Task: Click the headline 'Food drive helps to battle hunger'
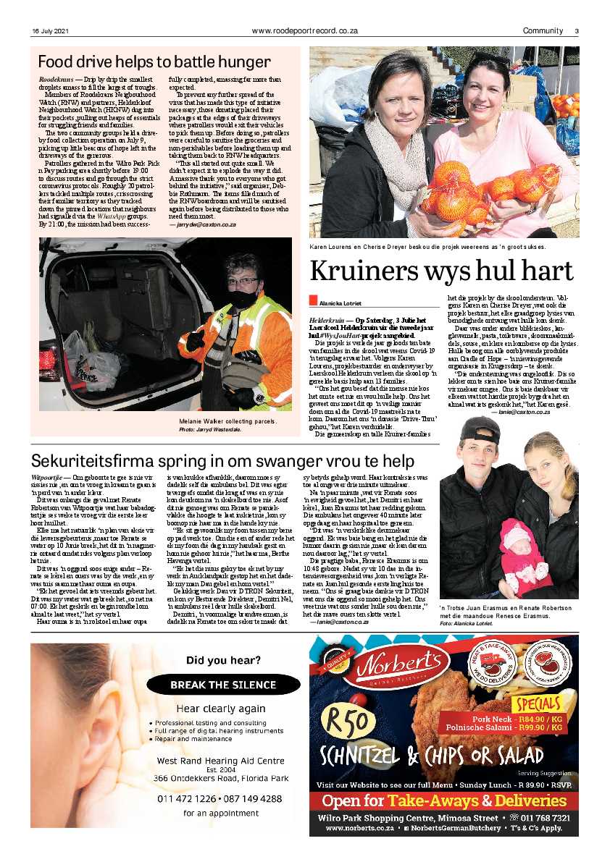pyautogui.click(x=154, y=62)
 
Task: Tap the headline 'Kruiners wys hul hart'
pyautogui.click(x=441, y=270)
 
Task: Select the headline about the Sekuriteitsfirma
pyautogui.click(x=222, y=461)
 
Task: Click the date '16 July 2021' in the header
pyautogui.click(x=50, y=30)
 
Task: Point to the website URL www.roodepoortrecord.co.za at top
pyautogui.click(x=305, y=30)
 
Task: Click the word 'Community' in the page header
pyautogui.click(x=543, y=30)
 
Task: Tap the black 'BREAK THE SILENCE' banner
pyautogui.click(x=222, y=685)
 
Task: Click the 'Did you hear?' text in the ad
pyautogui.click(x=222, y=660)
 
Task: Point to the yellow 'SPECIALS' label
pyautogui.click(x=538, y=704)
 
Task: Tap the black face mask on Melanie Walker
pyautogui.click(x=244, y=297)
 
